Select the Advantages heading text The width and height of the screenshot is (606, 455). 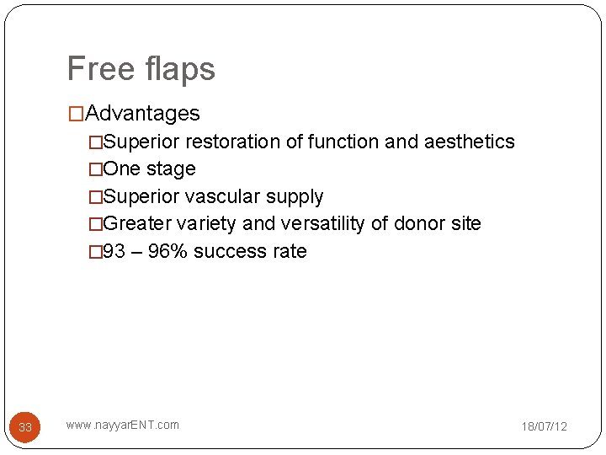[x=142, y=113]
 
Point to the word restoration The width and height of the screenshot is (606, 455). [x=233, y=142]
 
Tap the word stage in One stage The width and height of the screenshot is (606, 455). [x=171, y=169]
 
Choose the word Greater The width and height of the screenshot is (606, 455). [x=137, y=223]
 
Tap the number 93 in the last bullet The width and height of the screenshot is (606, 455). [x=113, y=251]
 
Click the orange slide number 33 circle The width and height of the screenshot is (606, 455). [x=25, y=427]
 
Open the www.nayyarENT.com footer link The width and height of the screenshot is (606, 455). [x=123, y=425]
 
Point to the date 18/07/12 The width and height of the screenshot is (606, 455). [x=545, y=426]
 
